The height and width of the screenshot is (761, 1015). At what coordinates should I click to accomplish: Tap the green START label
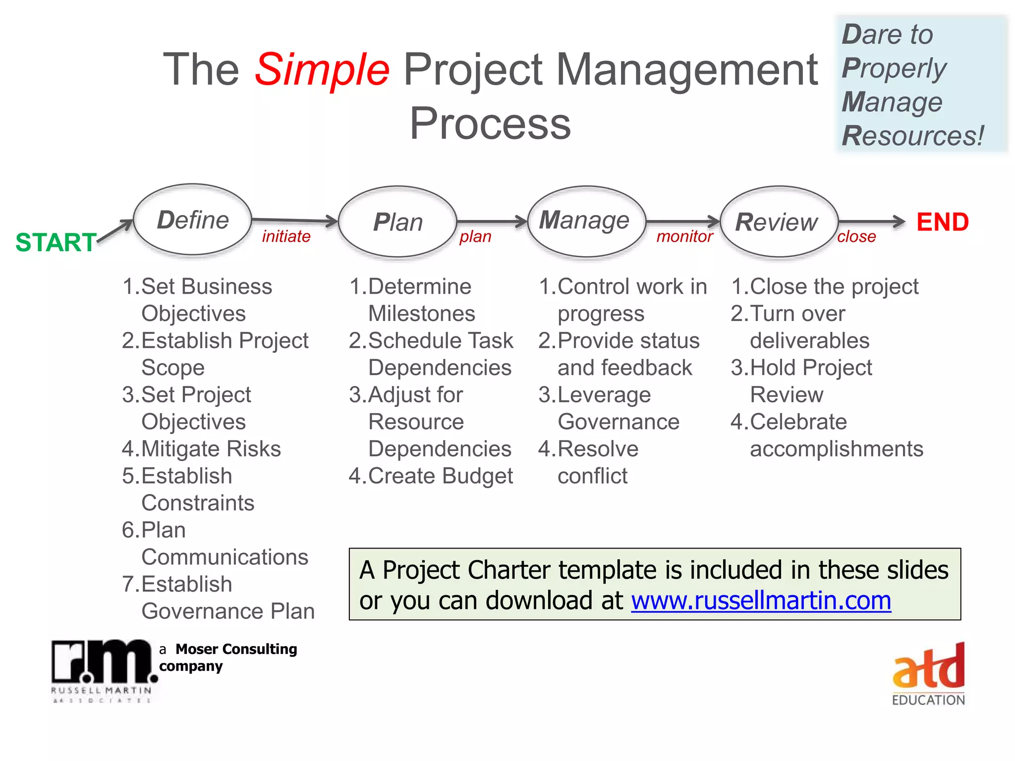pyautogui.click(x=56, y=242)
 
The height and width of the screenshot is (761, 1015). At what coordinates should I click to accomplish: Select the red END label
pyautogui.click(x=942, y=222)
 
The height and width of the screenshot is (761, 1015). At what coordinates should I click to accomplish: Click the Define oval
pyautogui.click(x=193, y=220)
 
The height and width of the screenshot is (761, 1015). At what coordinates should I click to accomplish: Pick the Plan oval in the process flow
pyautogui.click(x=397, y=222)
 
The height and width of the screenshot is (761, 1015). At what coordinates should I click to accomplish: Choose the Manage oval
pyautogui.click(x=586, y=221)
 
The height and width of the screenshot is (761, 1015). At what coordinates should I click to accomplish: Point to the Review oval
pyautogui.click(x=778, y=222)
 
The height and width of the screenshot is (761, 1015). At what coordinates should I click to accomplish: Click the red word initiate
pyautogui.click(x=286, y=236)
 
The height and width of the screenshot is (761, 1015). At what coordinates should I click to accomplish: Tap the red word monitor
pyautogui.click(x=684, y=237)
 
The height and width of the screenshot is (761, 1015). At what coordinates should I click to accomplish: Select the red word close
pyautogui.click(x=856, y=237)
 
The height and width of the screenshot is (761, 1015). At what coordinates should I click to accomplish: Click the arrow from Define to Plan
pyautogui.click(x=295, y=220)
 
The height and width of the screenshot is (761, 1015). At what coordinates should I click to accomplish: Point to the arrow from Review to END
pyautogui.click(x=871, y=221)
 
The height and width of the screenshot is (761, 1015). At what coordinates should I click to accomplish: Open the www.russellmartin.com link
pyautogui.click(x=761, y=600)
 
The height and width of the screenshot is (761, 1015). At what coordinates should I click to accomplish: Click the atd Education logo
pyautogui.click(x=928, y=674)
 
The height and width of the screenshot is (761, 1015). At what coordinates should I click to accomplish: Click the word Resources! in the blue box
pyautogui.click(x=912, y=136)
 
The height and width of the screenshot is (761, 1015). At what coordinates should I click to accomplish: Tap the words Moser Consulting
pyautogui.click(x=236, y=649)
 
